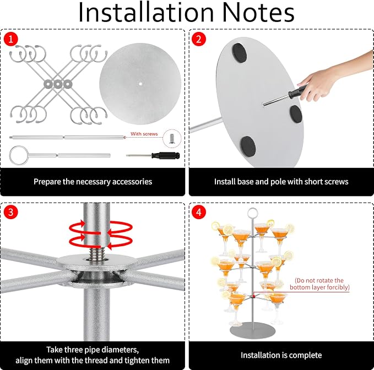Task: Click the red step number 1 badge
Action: pos(10,39)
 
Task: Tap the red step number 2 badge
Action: pos(199,39)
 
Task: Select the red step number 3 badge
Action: pos(10,212)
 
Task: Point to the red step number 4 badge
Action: pos(199,212)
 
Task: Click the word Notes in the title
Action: pos(258,13)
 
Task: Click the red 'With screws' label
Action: pos(144,134)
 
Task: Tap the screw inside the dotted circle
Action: pos(172,139)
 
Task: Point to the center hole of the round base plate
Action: pos(140,84)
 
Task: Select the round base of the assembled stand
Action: pos(253,330)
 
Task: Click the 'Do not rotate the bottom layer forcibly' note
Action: pos(319,284)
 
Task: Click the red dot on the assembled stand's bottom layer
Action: pos(254,296)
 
